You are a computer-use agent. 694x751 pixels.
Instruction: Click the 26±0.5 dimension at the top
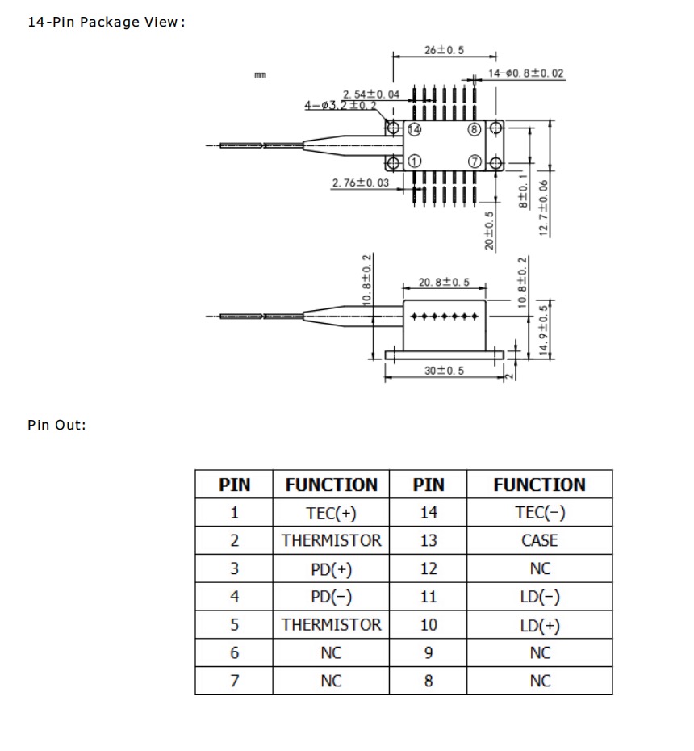[x=444, y=50]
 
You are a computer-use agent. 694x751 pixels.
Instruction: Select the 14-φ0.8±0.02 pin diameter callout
[x=525, y=73]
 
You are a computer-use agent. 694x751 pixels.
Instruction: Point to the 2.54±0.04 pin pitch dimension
[x=370, y=94]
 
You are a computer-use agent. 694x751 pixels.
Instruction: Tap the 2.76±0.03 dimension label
[x=360, y=183]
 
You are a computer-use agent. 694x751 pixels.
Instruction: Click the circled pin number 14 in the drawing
[x=414, y=129]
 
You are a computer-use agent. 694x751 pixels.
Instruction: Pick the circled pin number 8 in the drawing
[x=474, y=129]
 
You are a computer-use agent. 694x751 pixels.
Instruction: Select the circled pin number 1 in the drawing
[x=414, y=162]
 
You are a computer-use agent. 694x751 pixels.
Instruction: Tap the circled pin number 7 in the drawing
[x=474, y=162]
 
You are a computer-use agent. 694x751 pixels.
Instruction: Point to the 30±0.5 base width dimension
[x=444, y=370]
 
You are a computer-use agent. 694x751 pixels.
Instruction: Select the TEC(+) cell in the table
[x=331, y=513]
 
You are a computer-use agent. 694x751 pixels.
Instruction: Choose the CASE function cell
[x=540, y=540]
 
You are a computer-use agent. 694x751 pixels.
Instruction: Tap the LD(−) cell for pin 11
[x=540, y=597]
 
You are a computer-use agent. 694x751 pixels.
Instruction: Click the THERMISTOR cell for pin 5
[x=331, y=624]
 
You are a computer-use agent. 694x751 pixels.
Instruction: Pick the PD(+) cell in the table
[x=331, y=568]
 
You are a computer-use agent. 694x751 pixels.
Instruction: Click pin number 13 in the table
[x=429, y=540]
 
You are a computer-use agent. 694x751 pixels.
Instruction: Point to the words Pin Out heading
[x=56, y=425]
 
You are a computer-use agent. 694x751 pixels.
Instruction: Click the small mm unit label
[x=260, y=75]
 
